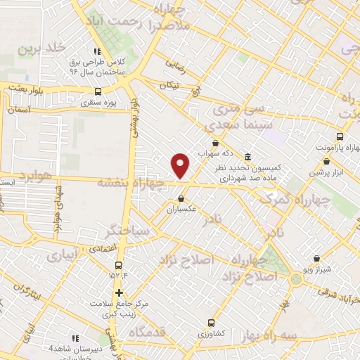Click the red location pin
181,165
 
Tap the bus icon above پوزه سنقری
98,91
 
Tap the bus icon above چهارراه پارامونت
340,136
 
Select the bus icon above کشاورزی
211,323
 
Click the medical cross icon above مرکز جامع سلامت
119,292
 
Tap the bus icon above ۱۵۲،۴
117,266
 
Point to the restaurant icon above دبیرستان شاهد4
73,338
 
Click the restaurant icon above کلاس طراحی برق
97,51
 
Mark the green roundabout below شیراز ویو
296,280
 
